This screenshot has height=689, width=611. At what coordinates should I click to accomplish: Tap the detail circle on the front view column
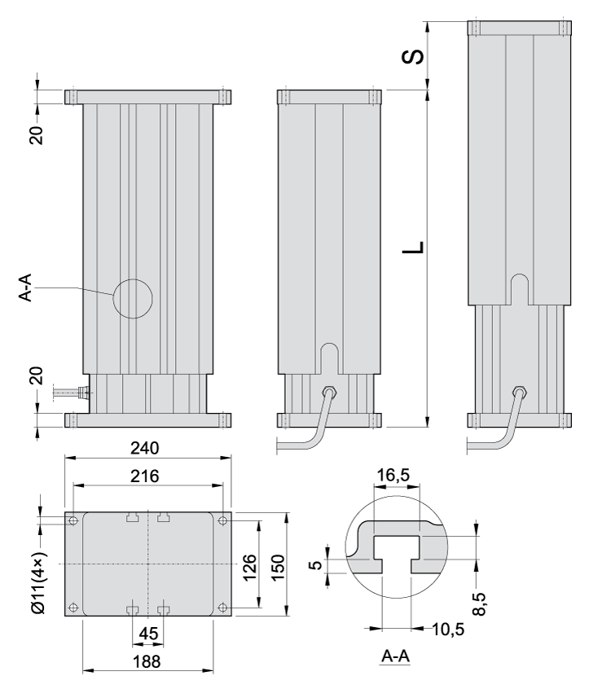tap(133, 298)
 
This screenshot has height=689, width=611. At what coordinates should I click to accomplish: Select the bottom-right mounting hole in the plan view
tap(222, 608)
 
